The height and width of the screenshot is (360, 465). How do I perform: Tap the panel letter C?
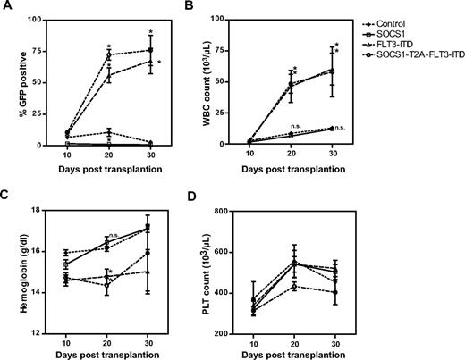(x=6, y=195)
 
